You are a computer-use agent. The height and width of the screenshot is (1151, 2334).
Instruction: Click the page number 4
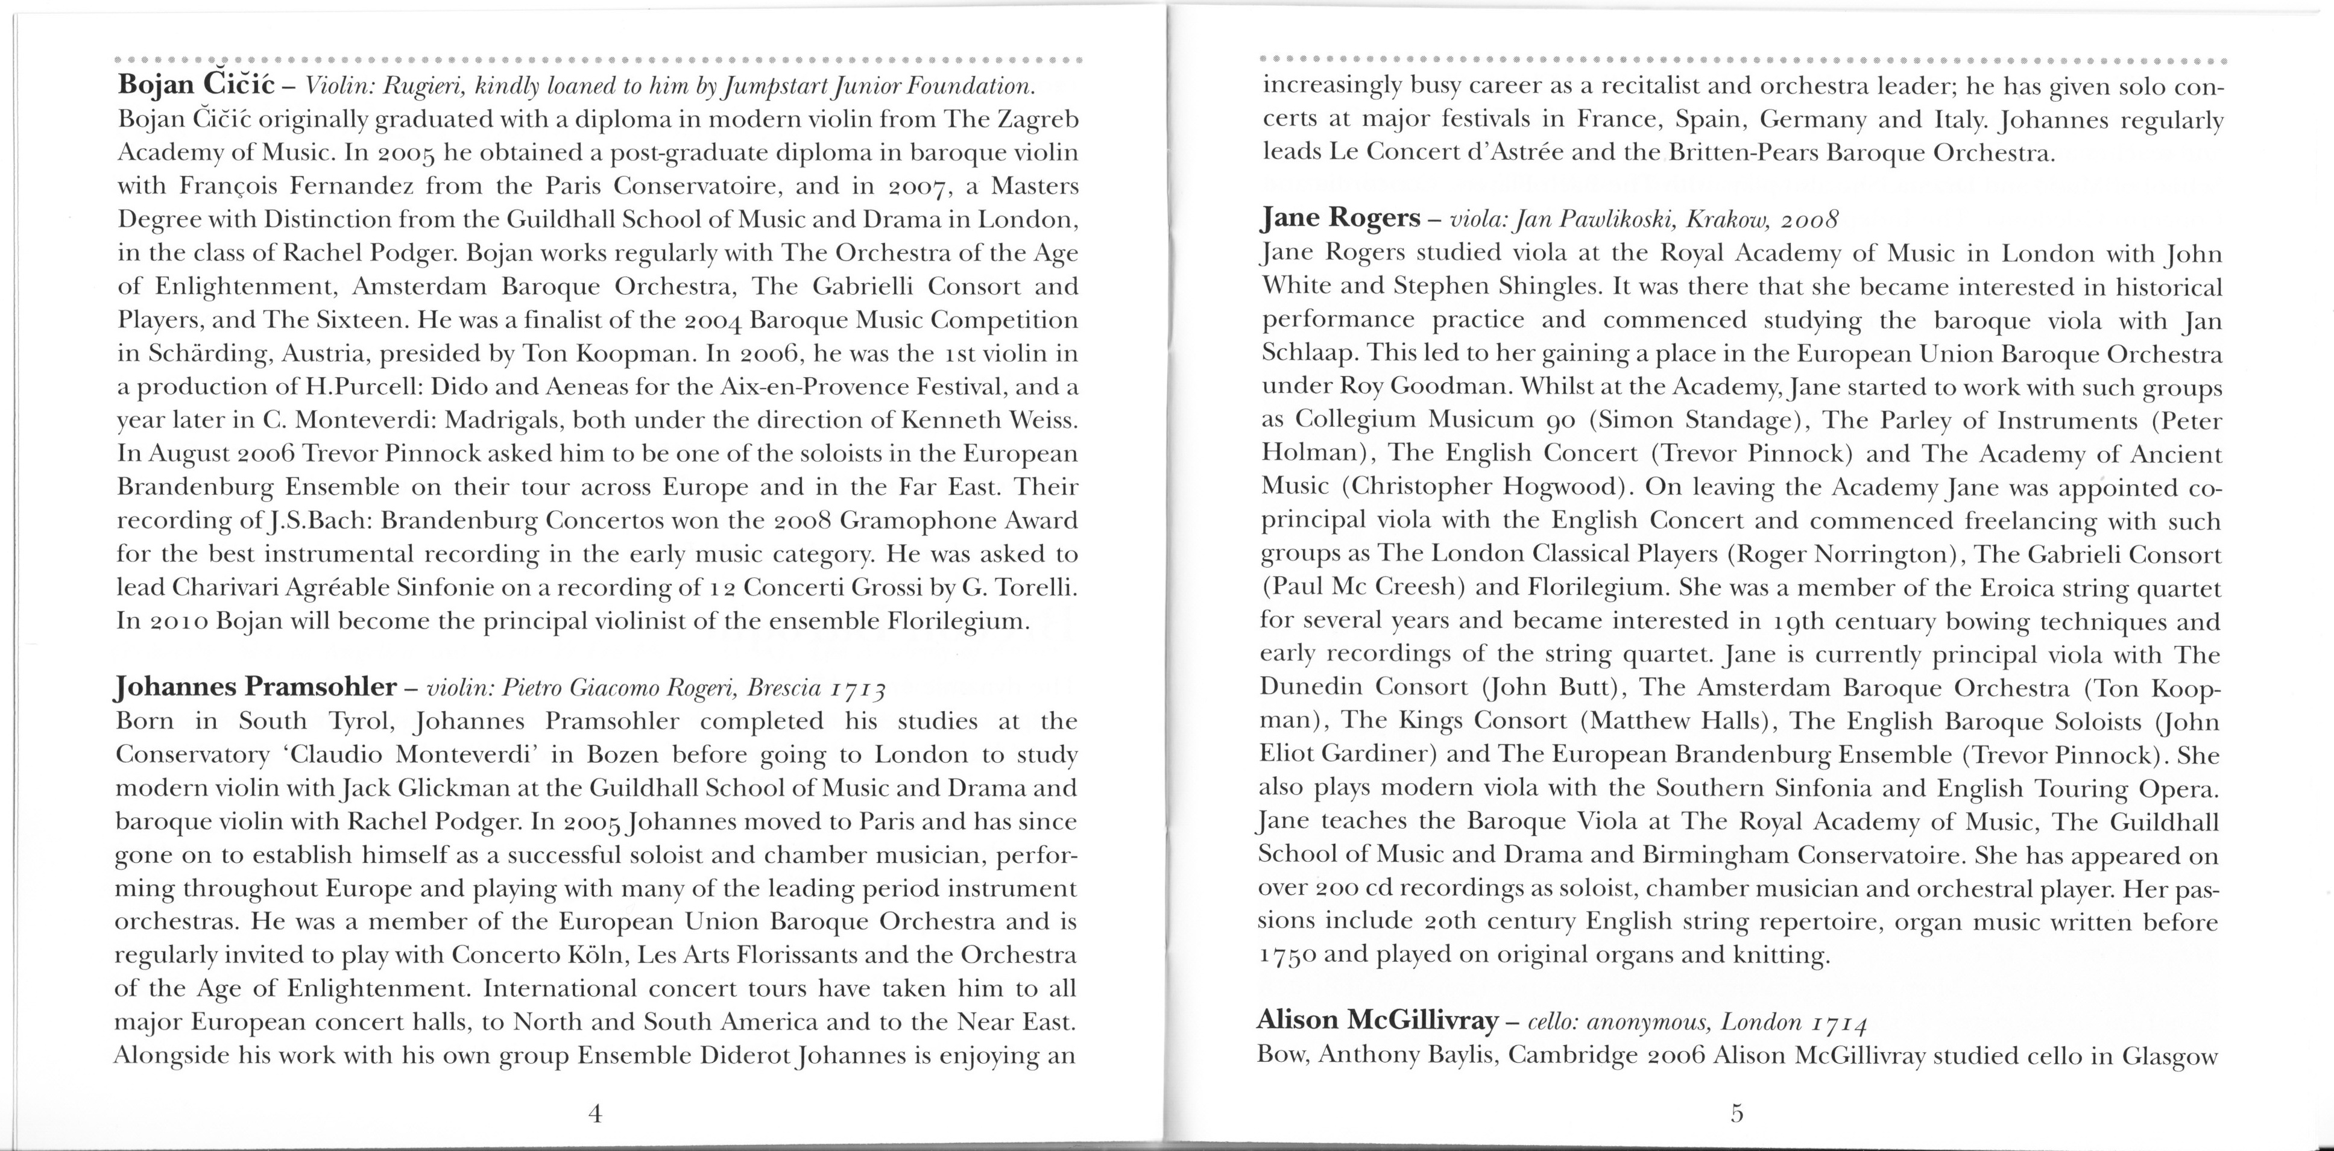click(x=595, y=1114)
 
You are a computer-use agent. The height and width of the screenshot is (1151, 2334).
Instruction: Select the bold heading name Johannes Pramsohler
click(x=256, y=686)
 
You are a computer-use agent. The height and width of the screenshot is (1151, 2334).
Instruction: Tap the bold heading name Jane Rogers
click(x=1341, y=218)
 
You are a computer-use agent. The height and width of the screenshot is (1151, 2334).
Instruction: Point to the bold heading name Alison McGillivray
click(x=1377, y=1021)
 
